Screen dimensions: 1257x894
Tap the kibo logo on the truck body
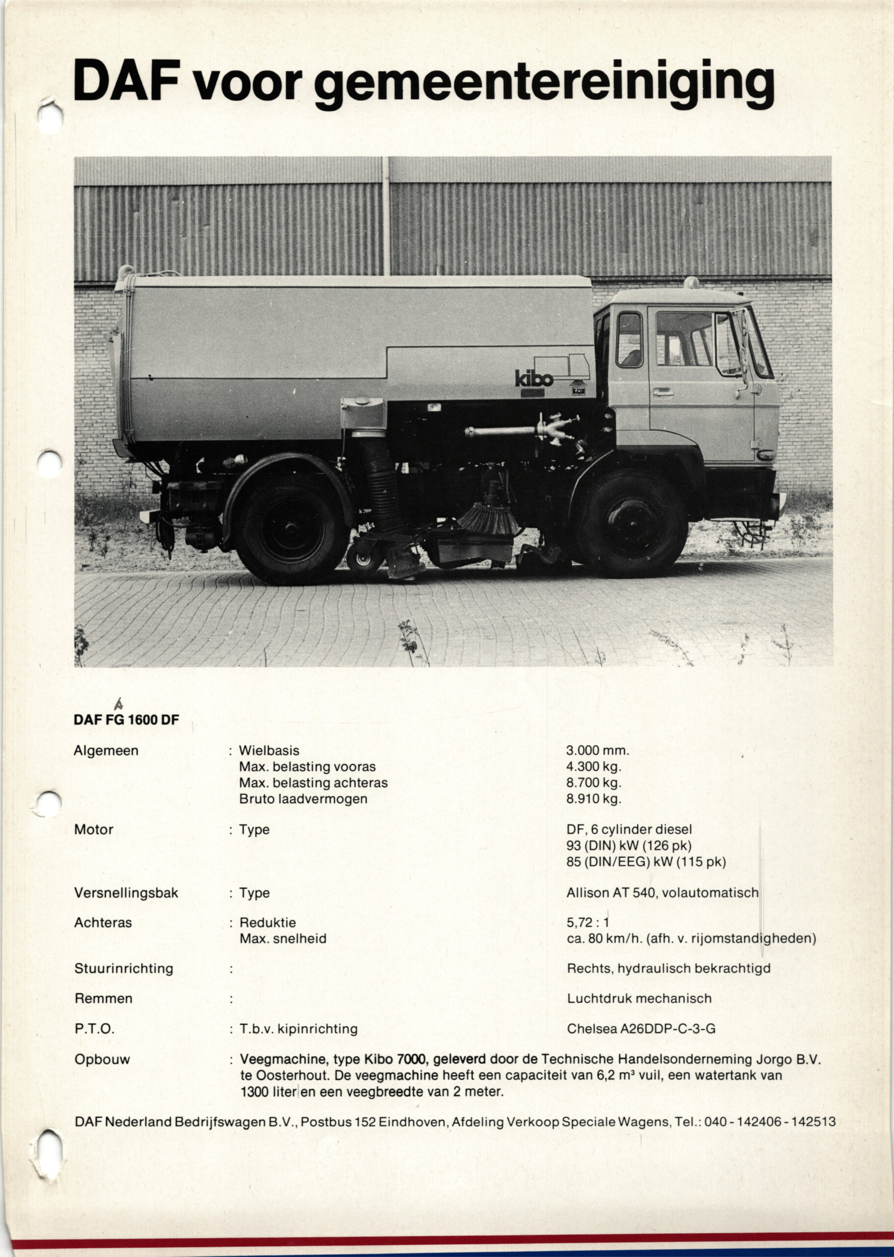click(x=534, y=378)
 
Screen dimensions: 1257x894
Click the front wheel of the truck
click(x=631, y=522)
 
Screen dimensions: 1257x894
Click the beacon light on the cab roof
click(x=691, y=283)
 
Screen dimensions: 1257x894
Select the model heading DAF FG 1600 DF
click(x=126, y=720)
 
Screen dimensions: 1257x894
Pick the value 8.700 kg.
click(x=594, y=782)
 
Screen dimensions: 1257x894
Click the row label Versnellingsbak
click(x=126, y=893)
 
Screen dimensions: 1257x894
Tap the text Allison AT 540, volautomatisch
click(x=662, y=893)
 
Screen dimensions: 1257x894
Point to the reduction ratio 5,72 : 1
click(x=588, y=922)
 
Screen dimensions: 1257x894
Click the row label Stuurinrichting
click(x=123, y=968)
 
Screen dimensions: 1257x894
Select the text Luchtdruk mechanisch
click(x=639, y=998)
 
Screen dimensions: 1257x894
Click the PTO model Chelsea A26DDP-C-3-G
click(x=641, y=1029)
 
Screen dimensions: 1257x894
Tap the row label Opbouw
click(x=102, y=1059)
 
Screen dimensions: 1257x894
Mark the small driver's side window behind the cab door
click(x=629, y=340)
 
